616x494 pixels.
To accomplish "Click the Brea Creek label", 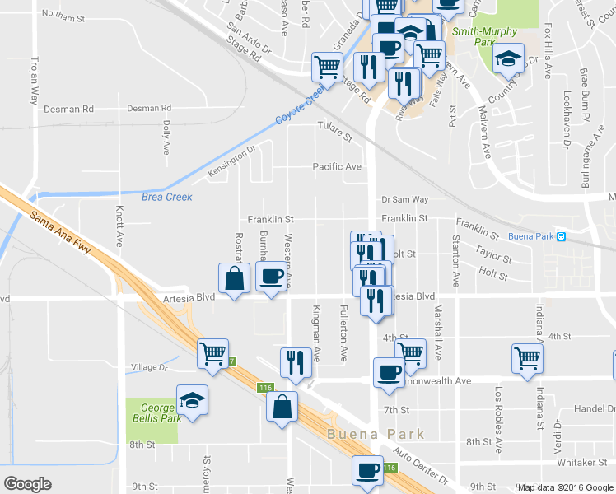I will coord(166,197).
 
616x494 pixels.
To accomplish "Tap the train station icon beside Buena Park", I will coord(561,236).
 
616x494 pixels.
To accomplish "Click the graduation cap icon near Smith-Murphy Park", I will coord(508,57).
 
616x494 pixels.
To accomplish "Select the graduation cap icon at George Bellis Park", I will coord(193,400).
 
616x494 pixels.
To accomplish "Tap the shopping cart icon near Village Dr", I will coord(213,353).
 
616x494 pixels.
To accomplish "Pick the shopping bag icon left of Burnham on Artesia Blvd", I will coord(235,277).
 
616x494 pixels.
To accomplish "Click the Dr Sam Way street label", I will coord(404,199).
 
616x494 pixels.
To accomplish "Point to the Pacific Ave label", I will coord(337,167).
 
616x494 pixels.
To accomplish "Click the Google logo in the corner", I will coord(27,484).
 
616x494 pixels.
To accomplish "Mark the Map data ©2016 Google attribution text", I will coord(565,487).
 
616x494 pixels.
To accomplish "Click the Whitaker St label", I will coord(581,463).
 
